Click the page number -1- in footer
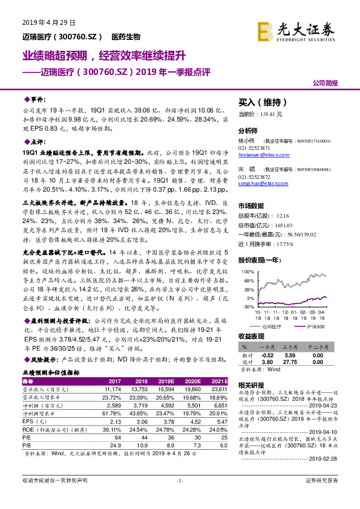pyautogui.click(x=180, y=497)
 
